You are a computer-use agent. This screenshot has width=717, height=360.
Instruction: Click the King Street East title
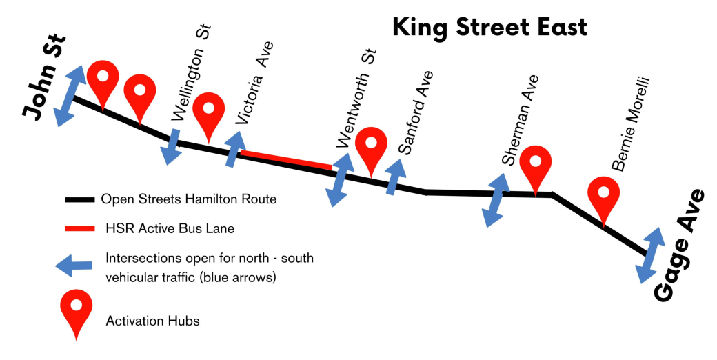489,28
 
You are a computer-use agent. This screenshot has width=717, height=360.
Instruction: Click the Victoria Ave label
254,83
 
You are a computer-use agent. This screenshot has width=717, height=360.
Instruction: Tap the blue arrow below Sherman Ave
497,199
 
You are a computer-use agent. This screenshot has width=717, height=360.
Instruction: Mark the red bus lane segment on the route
285,159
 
